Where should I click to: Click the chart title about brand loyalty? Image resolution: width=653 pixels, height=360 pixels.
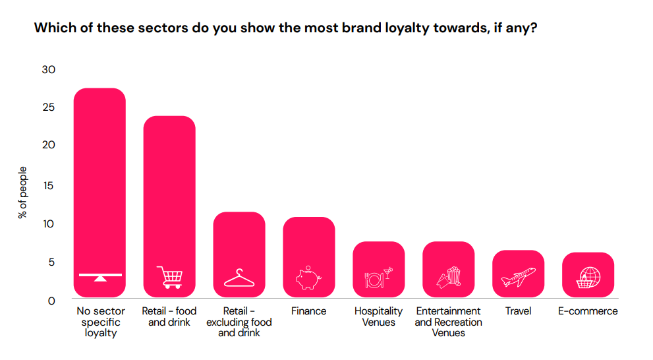click(285, 28)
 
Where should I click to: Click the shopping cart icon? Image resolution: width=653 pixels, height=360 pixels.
click(169, 278)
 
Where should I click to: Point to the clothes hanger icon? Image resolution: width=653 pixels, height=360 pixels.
click(239, 278)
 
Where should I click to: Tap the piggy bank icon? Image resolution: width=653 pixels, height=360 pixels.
click(308, 278)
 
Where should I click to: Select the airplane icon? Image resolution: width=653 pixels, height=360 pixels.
click(518, 277)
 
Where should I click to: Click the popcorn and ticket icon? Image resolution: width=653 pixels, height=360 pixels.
click(448, 278)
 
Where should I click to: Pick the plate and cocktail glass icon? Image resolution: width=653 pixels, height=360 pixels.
click(378, 278)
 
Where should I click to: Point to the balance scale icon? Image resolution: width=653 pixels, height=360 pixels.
click(99, 276)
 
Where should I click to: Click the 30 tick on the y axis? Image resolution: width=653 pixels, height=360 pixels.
click(48, 69)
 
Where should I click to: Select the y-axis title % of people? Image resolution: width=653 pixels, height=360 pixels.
click(22, 192)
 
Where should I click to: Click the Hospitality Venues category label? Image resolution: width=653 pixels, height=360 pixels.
click(378, 316)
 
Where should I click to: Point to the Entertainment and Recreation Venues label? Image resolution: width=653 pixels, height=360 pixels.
click(448, 322)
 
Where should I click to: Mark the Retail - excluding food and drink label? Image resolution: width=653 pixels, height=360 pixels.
click(239, 322)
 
